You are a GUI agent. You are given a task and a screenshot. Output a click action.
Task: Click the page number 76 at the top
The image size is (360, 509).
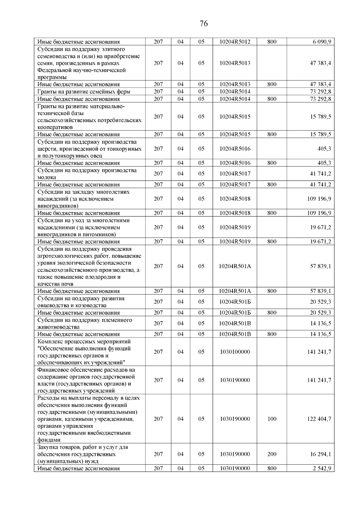click(203, 24)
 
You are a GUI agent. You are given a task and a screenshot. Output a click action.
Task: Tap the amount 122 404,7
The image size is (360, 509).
click(319, 419)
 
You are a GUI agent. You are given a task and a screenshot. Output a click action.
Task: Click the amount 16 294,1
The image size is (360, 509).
click(320, 454)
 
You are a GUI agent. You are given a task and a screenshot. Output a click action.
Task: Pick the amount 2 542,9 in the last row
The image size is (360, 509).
click(322, 468)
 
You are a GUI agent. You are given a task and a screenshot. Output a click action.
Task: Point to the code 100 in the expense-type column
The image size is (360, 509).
click(272, 419)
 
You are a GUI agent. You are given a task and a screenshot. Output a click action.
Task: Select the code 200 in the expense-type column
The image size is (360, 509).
click(272, 454)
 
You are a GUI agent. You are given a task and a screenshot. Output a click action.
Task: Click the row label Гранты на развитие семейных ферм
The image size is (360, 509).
click(84, 91)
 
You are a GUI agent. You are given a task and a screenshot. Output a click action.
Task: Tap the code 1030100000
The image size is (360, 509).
click(235, 352)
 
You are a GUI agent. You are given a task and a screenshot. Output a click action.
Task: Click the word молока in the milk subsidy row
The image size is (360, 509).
click(46, 177)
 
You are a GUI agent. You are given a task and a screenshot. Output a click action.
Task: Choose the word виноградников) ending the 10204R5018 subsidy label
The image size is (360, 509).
click(58, 206)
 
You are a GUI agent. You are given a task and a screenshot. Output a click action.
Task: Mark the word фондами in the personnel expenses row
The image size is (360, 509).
click(49, 440)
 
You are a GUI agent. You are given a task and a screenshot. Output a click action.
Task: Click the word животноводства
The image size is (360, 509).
click(58, 327)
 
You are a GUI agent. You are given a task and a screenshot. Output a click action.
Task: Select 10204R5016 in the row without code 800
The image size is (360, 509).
click(235, 148)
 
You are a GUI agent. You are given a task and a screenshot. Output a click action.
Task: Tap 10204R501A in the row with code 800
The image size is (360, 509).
click(235, 291)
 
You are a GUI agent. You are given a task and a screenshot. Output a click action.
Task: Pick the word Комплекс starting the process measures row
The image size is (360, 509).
click(50, 341)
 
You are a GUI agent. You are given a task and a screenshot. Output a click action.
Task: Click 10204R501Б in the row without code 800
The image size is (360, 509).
click(235, 302)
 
